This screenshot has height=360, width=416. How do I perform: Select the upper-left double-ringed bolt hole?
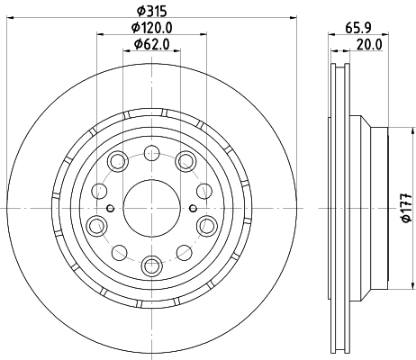118,162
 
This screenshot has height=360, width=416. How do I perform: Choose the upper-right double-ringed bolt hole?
185,162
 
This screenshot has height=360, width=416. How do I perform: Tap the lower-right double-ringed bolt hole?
206,225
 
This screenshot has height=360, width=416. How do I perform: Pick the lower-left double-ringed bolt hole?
96,225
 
